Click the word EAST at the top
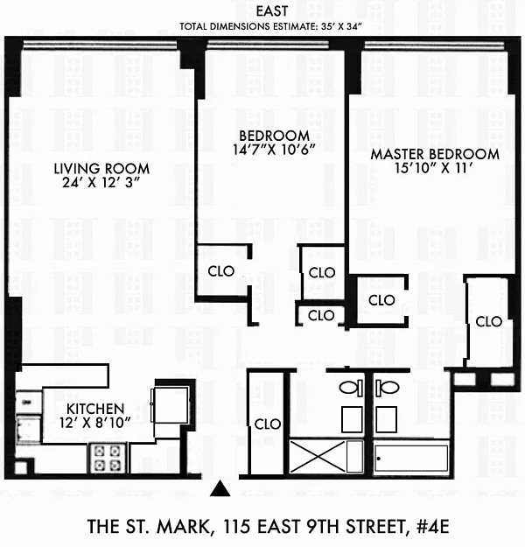(x=272, y=11)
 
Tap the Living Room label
(x=101, y=169)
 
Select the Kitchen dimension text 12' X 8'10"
(x=94, y=423)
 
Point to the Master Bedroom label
(x=435, y=154)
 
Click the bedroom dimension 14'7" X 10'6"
(x=274, y=150)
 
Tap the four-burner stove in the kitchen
(x=108, y=458)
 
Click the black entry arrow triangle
(x=220, y=488)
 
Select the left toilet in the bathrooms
(x=351, y=388)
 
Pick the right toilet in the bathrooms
(x=388, y=388)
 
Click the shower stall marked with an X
(x=326, y=457)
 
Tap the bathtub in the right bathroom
(x=411, y=458)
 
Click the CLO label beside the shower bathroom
(x=268, y=424)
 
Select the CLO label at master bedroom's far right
(x=489, y=322)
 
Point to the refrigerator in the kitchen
(x=171, y=404)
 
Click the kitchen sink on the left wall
(x=29, y=429)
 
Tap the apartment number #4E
(x=433, y=526)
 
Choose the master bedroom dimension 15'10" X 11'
(x=434, y=168)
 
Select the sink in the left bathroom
(x=352, y=419)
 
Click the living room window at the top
(x=100, y=45)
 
